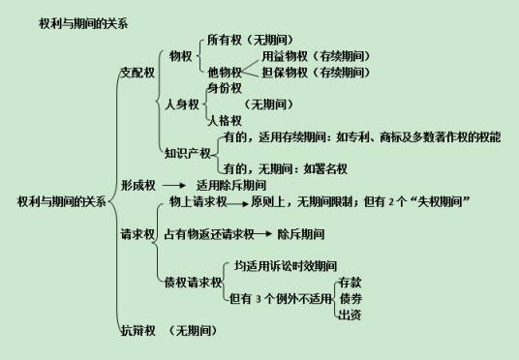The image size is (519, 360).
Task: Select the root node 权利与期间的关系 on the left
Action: point(61,201)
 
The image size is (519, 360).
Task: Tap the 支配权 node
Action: point(137,73)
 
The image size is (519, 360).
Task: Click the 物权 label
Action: point(180,56)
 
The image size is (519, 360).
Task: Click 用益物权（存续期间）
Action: point(315,56)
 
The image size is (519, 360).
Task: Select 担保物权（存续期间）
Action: point(315,72)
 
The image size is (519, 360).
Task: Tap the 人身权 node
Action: point(181,104)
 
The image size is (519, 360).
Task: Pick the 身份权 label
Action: point(224,88)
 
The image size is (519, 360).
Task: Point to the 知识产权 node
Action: point(186,152)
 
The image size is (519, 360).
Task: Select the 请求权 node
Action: point(137,233)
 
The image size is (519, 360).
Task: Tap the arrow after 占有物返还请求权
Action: point(261,233)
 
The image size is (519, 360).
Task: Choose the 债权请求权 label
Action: point(193,281)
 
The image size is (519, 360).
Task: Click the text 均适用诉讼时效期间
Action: point(286,264)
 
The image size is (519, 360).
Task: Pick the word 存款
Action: point(350,282)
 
